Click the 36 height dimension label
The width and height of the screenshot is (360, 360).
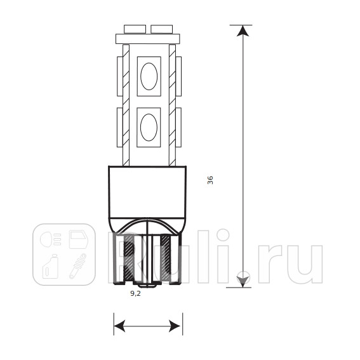pos(210,180)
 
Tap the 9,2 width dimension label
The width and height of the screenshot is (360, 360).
pos(135,293)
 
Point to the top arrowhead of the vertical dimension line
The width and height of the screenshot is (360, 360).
pos(243,30)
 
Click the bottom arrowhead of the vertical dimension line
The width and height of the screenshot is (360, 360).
pos(243,282)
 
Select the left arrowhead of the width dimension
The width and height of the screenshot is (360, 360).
pos(119,326)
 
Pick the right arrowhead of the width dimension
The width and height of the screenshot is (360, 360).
pos(175,326)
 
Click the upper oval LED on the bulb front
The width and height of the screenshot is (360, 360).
pos(149,76)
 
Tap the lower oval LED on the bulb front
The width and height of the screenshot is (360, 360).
pos(149,127)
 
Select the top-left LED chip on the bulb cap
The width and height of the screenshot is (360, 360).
pos(135,29)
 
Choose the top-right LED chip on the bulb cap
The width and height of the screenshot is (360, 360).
pos(162,29)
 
